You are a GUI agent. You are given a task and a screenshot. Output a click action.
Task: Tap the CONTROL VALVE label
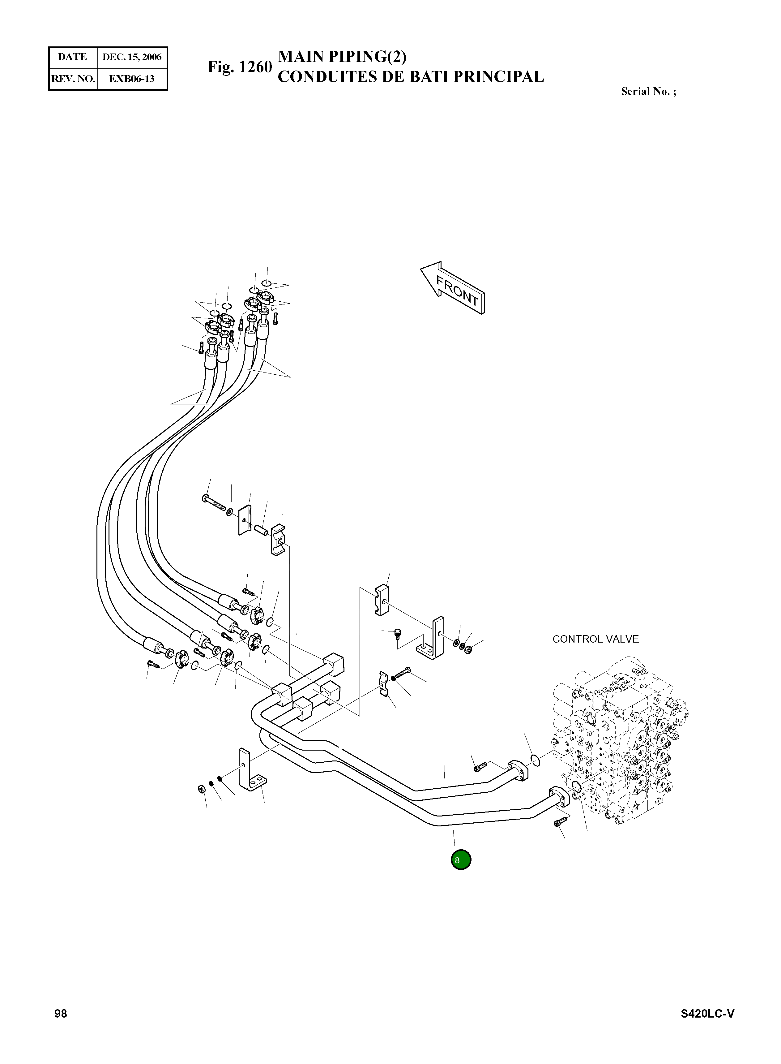595,639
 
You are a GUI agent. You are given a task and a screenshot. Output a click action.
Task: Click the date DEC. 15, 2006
132,57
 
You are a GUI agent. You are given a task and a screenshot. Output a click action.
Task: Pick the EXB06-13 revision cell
132,79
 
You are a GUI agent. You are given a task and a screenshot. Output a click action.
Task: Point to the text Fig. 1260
240,67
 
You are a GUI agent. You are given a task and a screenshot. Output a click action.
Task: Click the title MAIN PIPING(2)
342,56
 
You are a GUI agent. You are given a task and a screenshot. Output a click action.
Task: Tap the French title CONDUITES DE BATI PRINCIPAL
410,77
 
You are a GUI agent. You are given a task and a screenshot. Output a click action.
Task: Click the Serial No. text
648,92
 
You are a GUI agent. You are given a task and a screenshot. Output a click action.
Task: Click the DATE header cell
72,57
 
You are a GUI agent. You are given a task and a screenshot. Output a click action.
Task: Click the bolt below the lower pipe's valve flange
560,822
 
